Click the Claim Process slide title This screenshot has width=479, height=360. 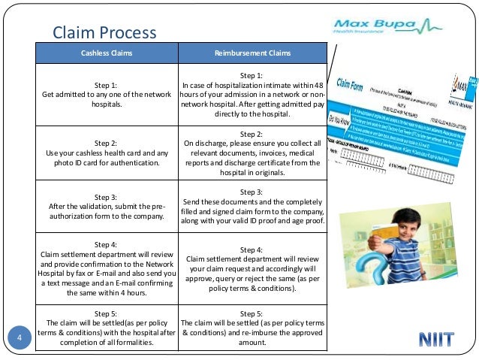point(104,33)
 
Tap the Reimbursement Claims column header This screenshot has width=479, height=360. point(253,54)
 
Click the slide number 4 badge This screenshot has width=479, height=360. point(21,336)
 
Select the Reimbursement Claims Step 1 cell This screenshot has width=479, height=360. point(253,95)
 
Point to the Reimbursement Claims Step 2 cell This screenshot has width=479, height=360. point(253,153)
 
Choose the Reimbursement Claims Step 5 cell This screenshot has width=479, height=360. point(253,327)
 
